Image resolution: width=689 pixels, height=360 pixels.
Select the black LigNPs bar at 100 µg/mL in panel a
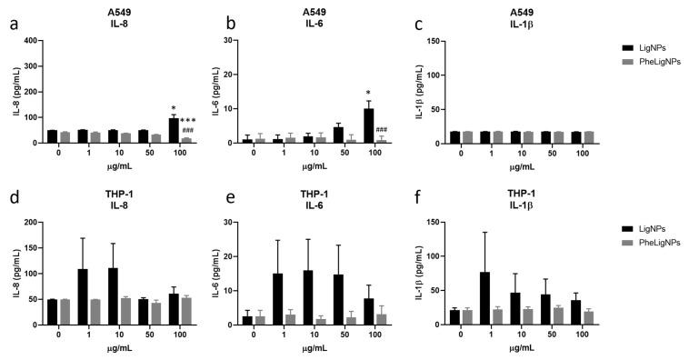coord(173,131)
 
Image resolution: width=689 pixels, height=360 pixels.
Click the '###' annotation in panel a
coord(188,131)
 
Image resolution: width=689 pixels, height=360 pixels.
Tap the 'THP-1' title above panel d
coord(112,195)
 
